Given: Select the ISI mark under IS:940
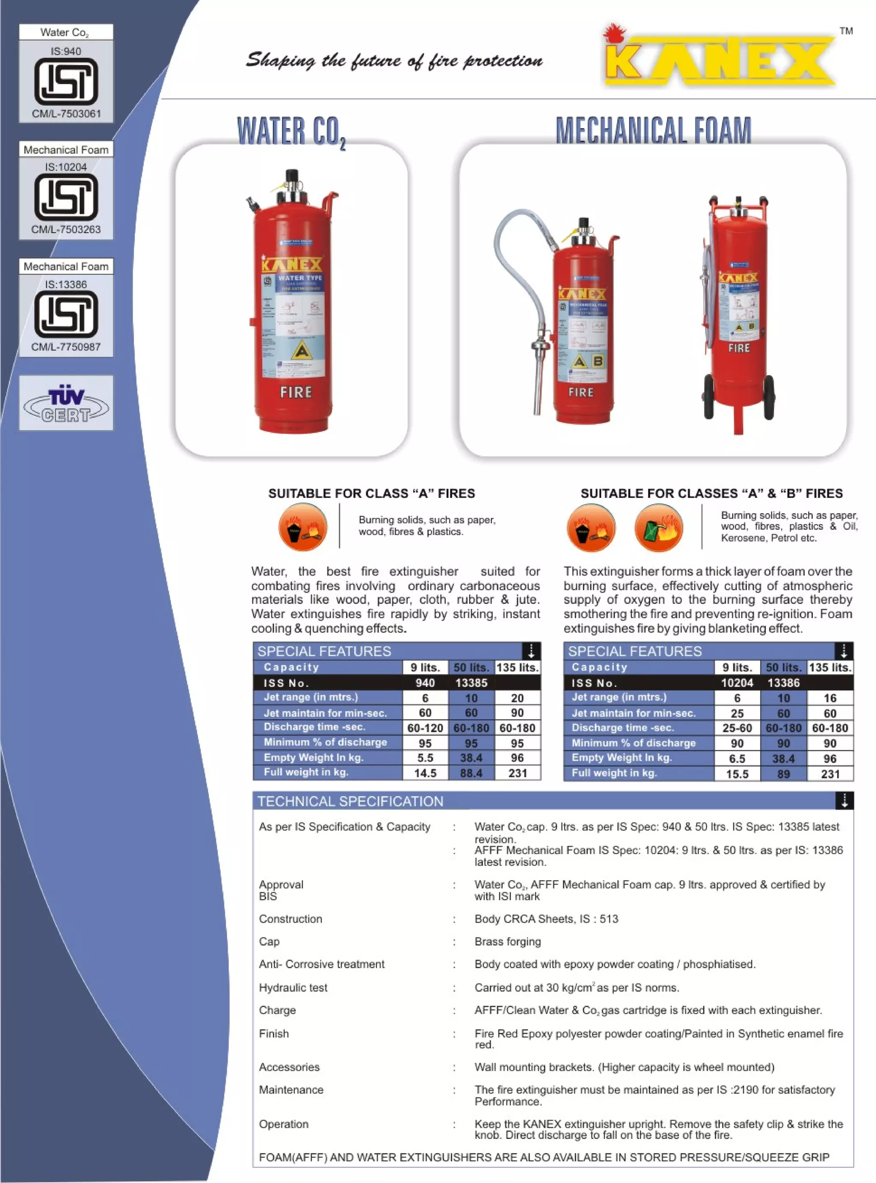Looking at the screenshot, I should point(66,81).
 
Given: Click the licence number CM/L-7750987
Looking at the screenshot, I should point(66,347).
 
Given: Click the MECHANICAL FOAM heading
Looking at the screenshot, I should point(653,130).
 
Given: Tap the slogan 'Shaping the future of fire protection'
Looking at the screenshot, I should point(394,60).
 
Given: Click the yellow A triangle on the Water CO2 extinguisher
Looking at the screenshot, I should point(302,351).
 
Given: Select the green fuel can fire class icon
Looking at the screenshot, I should point(659,528).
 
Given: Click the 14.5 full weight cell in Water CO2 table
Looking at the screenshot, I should point(425,773).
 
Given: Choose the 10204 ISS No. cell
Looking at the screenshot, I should point(737,683).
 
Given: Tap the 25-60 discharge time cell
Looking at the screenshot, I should point(737,728).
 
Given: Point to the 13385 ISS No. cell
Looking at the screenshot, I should point(471,683).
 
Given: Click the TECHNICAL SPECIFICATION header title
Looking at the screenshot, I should point(350,801).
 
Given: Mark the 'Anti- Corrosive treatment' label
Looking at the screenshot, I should point(321,964).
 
